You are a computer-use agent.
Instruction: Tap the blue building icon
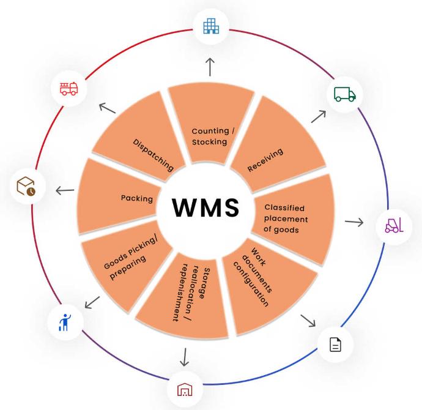[x=210, y=26]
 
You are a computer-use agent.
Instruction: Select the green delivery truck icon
[x=344, y=94]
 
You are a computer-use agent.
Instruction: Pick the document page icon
[x=336, y=345]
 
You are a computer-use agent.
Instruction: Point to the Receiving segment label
[x=265, y=160]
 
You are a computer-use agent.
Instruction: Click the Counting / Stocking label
[x=209, y=136]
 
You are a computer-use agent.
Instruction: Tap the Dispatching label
[x=153, y=153]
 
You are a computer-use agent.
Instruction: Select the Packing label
[x=136, y=198]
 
